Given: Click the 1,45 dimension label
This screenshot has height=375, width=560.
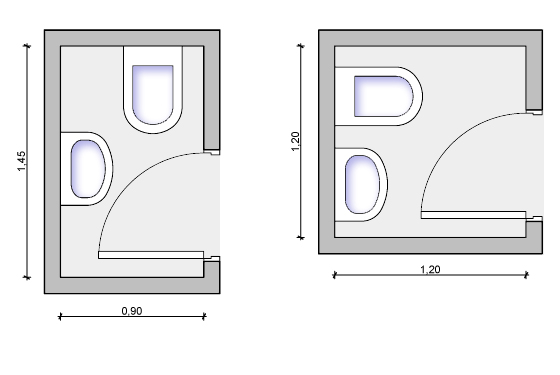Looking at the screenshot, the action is [x=21, y=161].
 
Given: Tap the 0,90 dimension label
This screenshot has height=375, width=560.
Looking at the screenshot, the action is [x=132, y=311].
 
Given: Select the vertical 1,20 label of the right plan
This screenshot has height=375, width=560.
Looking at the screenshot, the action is [x=295, y=141].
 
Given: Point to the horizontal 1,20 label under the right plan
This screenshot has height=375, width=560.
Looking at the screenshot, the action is [x=430, y=269].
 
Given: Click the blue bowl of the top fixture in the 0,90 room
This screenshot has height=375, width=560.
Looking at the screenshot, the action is [x=153, y=95].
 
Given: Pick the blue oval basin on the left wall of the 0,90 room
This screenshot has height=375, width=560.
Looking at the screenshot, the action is [x=88, y=169].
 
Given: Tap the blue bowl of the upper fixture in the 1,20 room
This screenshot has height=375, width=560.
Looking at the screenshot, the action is [x=384, y=96].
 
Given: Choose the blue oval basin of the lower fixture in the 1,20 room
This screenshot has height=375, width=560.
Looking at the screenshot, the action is [x=362, y=184].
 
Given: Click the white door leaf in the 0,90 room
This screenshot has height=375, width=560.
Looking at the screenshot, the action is [x=151, y=255].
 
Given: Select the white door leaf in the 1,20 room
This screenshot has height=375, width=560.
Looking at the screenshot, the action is [x=474, y=215].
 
